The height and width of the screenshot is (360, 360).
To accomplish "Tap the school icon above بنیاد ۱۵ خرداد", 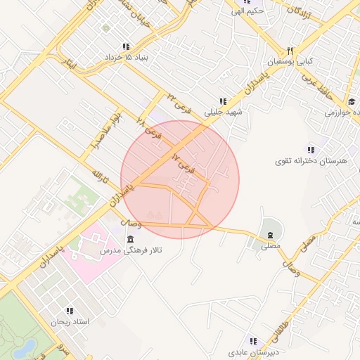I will [126, 46].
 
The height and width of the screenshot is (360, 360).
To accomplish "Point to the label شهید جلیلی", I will [223, 112].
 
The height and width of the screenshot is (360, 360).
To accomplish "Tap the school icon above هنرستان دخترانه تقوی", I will [311, 149].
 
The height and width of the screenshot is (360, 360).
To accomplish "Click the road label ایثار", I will [67, 65].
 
